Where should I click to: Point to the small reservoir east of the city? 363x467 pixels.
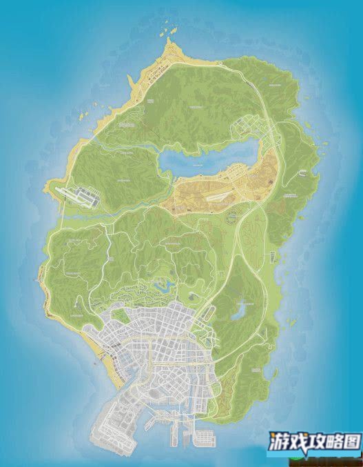click(x=240, y=312)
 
